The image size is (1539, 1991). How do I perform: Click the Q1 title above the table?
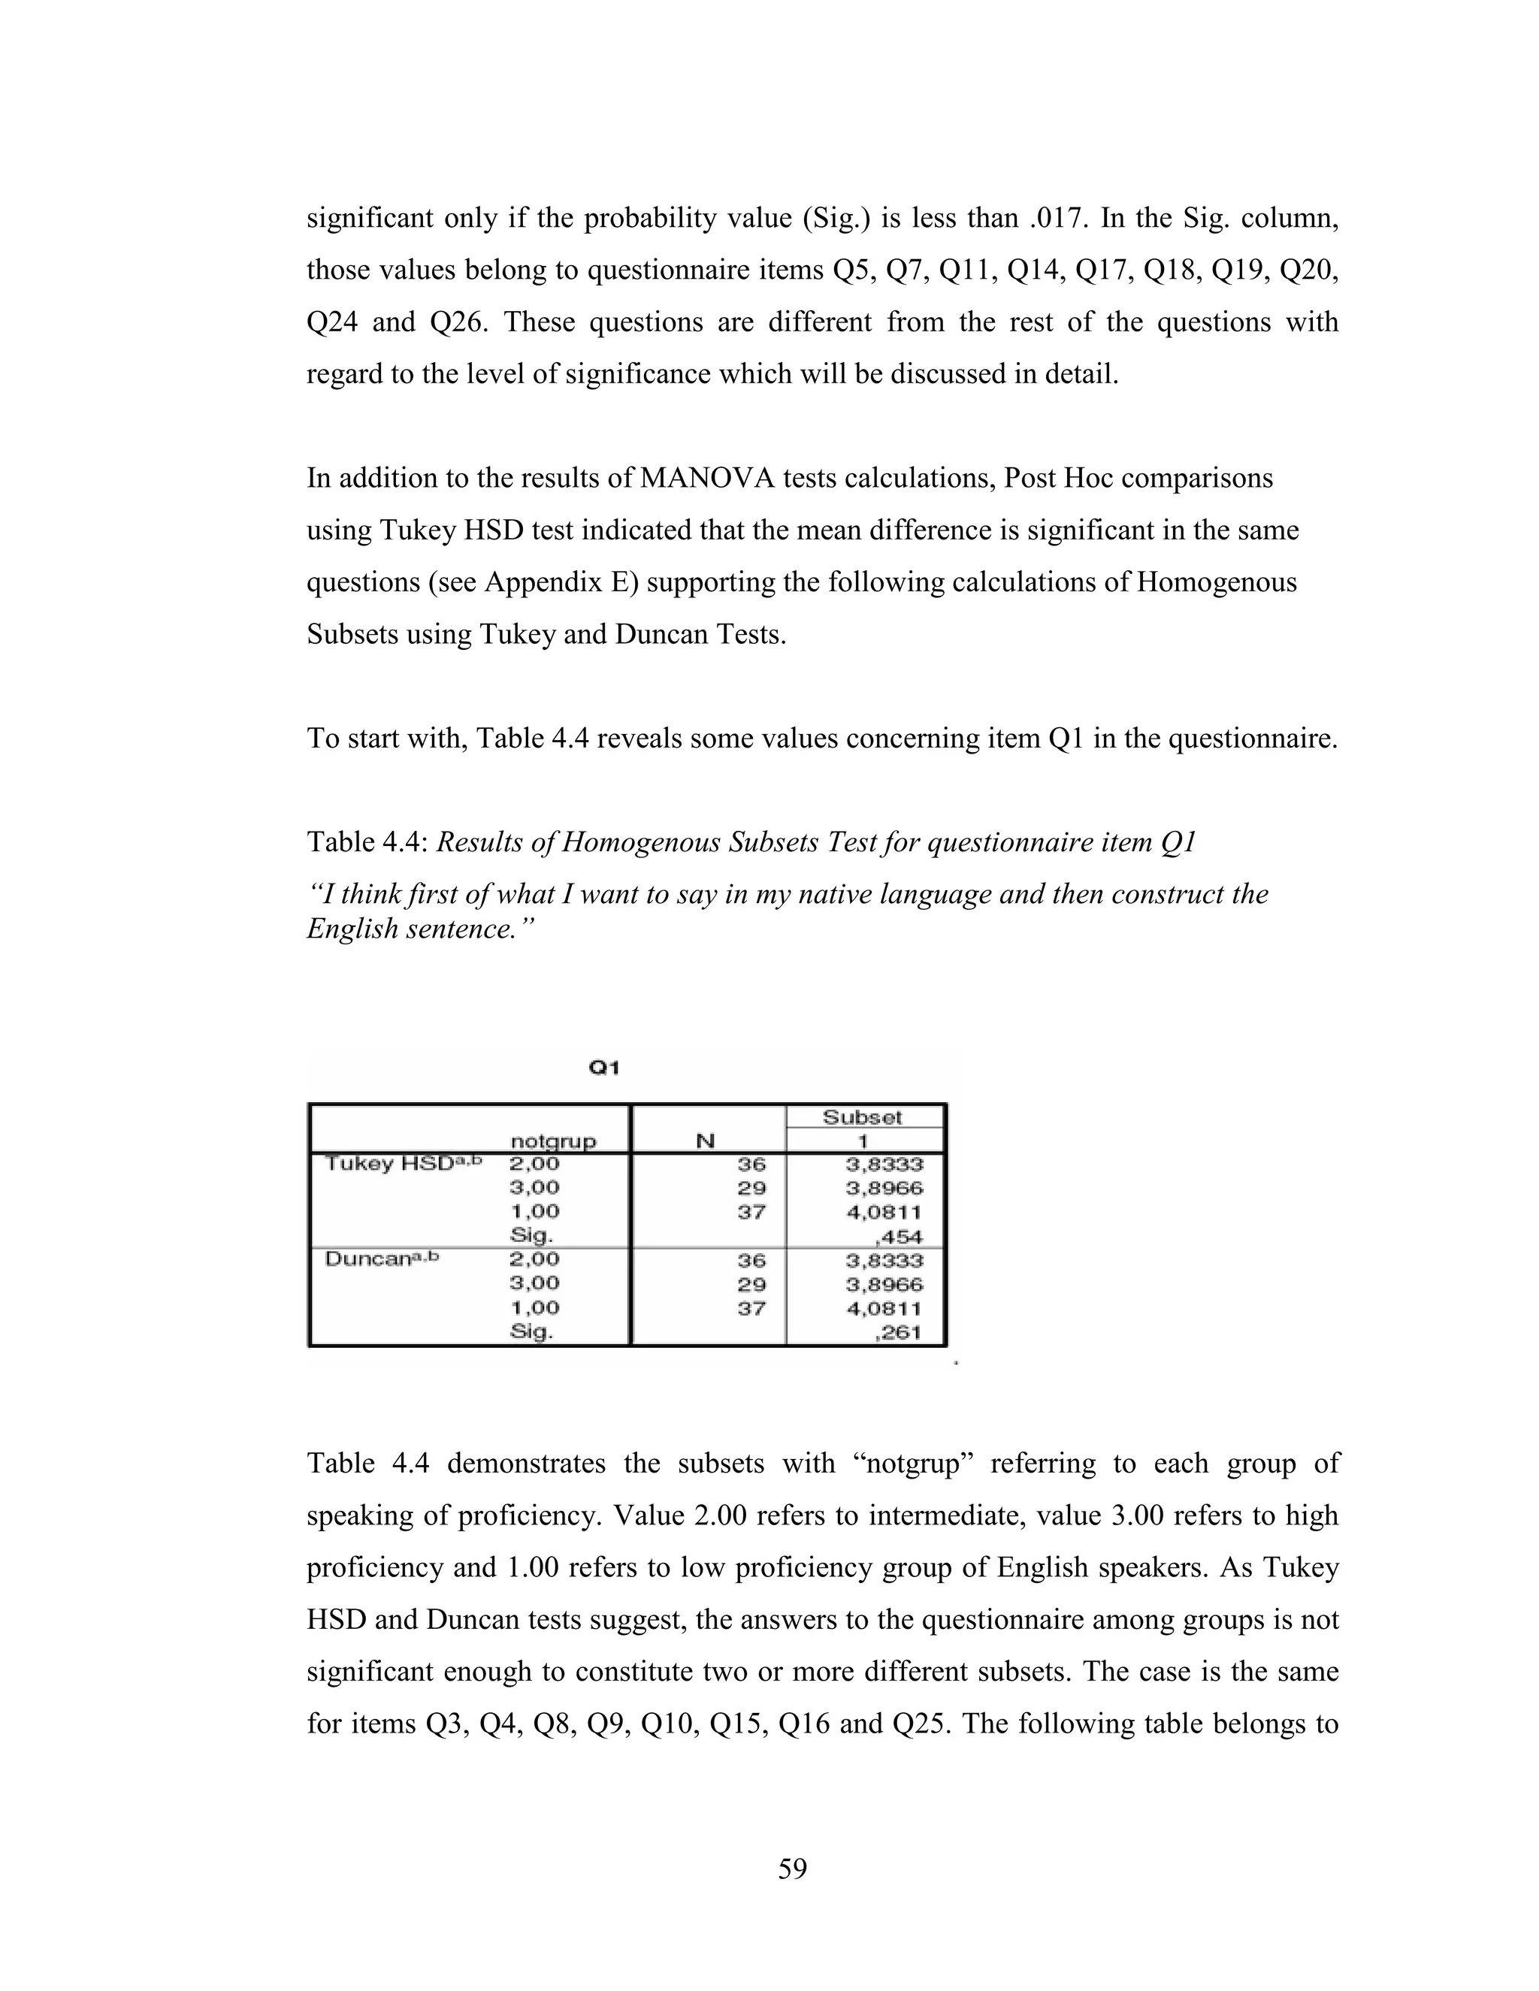tap(603, 1068)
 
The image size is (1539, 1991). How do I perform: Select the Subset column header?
tap(862, 1116)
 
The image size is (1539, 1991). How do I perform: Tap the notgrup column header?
tap(552, 1141)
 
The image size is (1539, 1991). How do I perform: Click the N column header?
tap(705, 1141)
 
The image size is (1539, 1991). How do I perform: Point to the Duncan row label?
tap(382, 1259)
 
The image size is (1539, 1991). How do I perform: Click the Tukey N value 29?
tap(751, 1188)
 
